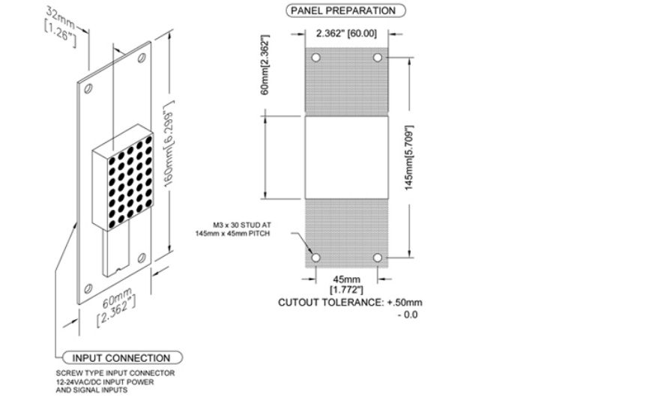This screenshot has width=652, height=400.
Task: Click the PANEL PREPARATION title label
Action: (345, 10)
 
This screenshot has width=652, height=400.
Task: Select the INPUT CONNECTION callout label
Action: (122, 358)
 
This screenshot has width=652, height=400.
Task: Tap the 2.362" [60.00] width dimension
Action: (346, 33)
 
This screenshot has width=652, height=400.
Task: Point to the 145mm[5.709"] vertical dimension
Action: (409, 158)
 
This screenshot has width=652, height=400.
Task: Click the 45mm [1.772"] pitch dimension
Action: (346, 284)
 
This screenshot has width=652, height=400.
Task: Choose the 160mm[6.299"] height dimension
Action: (169, 144)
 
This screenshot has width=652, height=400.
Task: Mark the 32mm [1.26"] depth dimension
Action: (61, 26)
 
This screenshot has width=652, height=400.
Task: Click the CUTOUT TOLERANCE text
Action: (350, 308)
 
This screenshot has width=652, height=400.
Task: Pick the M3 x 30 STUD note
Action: (233, 229)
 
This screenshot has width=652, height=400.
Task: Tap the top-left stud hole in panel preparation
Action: (316, 58)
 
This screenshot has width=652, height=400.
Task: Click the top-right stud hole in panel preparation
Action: (378, 58)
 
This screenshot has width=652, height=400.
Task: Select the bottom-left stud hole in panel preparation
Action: (316, 258)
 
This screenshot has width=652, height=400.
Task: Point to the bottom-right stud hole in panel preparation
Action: (378, 258)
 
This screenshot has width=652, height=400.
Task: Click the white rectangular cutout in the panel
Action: (347, 157)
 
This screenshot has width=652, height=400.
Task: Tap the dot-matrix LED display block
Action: (123, 178)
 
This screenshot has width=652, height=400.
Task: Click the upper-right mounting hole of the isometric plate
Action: (142, 58)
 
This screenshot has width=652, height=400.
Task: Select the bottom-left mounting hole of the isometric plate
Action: (88, 288)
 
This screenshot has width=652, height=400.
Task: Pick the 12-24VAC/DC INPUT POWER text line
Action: (105, 382)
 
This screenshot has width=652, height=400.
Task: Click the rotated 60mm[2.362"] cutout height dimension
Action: (265, 65)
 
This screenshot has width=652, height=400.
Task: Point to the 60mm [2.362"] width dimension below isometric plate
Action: (117, 306)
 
